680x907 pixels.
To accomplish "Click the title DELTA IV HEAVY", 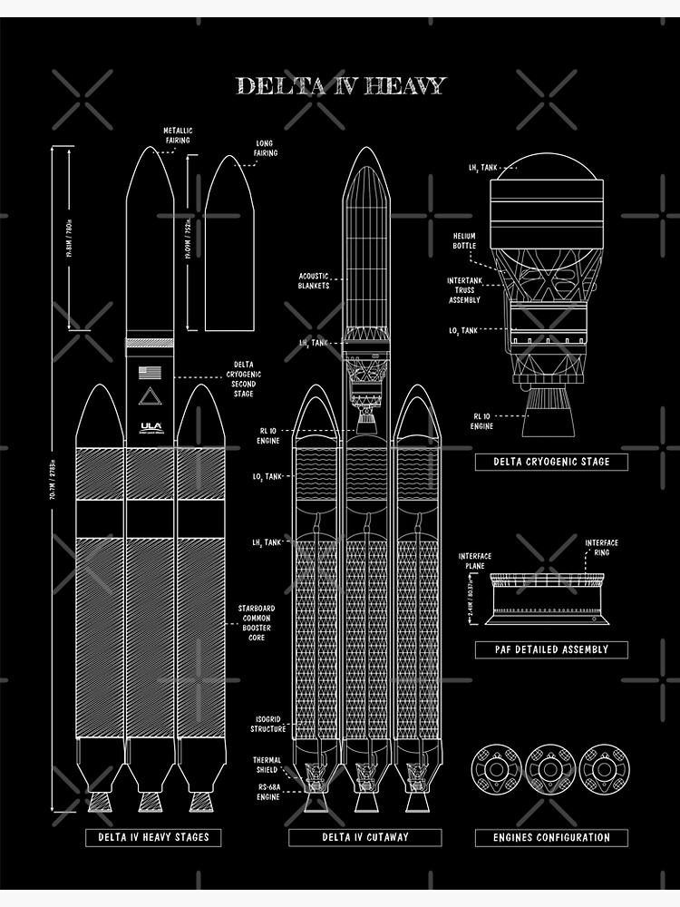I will click(x=341, y=86).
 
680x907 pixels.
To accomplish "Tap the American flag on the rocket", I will click(x=151, y=372).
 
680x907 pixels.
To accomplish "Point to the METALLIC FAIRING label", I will click(x=178, y=135).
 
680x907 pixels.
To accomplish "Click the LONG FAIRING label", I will click(x=266, y=148).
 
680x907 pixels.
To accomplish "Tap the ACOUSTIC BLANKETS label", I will click(x=314, y=280).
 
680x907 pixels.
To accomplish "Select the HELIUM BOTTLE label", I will click(x=464, y=240).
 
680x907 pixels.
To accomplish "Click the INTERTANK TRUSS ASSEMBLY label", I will click(x=464, y=290).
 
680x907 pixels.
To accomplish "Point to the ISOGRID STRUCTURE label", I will click(x=268, y=724).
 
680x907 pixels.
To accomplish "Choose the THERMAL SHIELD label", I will click(x=267, y=765).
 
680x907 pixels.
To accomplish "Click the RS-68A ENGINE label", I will click(x=267, y=792).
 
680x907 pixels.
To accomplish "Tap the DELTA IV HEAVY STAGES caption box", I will click(x=153, y=837).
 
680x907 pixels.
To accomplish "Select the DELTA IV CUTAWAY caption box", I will click(x=365, y=837).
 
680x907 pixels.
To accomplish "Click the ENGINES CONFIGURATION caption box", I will click(x=551, y=837).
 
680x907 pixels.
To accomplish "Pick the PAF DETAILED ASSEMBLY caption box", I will click(x=551, y=649).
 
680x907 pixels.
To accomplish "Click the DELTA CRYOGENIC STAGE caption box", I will click(x=551, y=462).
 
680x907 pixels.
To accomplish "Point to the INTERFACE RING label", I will click(x=601, y=548).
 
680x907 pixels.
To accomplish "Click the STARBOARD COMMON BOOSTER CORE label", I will click(x=257, y=623).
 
